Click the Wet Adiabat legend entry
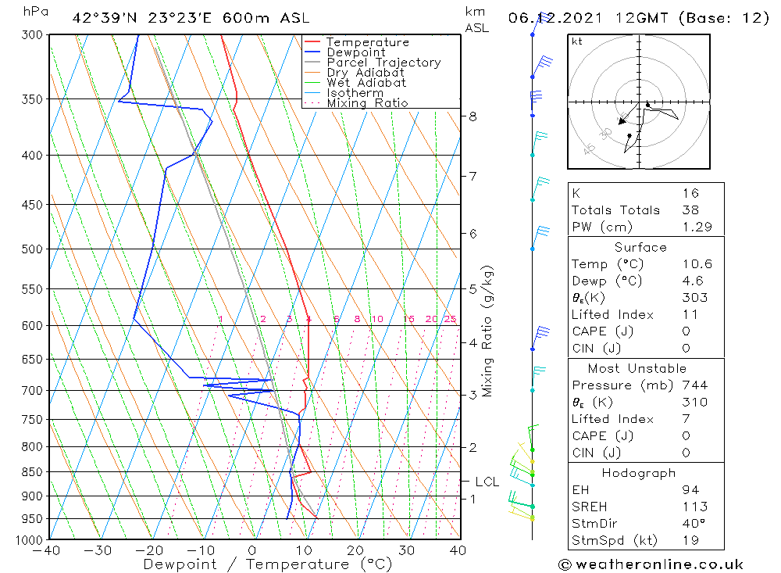tap(366, 83)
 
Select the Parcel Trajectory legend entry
tap(383, 63)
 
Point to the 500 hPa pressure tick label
tap(32, 249)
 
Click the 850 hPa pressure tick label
tap(32, 472)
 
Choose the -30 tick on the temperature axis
tap(98, 551)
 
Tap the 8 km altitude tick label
tap(473, 116)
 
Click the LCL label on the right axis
tap(487, 482)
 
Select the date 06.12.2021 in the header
tap(550, 18)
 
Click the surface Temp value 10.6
tap(697, 264)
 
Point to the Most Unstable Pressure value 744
tap(694, 385)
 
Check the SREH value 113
tap(694, 507)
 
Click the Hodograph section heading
tap(638, 473)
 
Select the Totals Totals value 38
tap(690, 210)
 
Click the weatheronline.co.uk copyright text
tap(651, 564)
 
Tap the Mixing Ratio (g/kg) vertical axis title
tap(488, 332)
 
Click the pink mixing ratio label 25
tap(450, 319)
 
